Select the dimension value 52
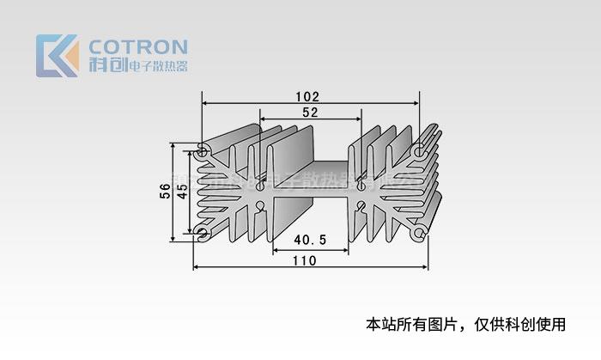(310, 113)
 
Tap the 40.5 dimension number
(310, 240)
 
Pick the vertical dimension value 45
(181, 192)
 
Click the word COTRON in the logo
(137, 46)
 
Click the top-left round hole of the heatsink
(203, 151)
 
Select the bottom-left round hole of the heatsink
(203, 233)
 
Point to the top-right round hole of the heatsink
(418, 151)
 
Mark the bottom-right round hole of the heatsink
(418, 233)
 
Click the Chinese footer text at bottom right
(466, 325)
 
